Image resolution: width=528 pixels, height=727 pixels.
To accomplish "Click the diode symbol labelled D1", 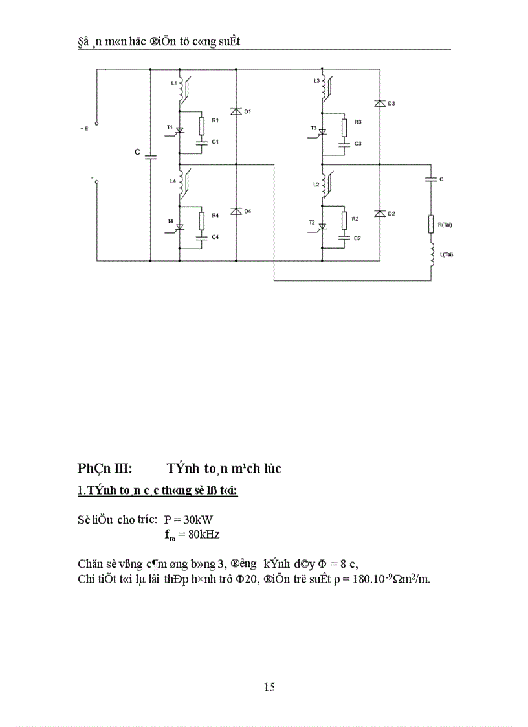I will click(236, 112).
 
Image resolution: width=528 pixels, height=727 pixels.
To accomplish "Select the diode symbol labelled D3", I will click(380, 103).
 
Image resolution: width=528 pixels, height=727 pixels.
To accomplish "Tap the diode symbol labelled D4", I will click(236, 212).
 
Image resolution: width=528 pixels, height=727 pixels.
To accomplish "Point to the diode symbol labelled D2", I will click(380, 214).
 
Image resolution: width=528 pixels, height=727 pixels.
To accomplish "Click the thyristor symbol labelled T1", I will click(180, 131).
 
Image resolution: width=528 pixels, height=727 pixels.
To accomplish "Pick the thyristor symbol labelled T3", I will click(323, 131).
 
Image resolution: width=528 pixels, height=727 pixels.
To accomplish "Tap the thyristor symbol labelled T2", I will click(323, 226).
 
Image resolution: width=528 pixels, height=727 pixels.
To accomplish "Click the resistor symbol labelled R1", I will click(202, 124).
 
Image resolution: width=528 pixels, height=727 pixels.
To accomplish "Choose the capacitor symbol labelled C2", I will click(344, 238).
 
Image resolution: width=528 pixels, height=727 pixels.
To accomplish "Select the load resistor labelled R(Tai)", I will click(430, 225).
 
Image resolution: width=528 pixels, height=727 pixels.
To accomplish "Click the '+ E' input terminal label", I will click(84, 129).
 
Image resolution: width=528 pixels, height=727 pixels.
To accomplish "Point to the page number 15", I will click(270, 687).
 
